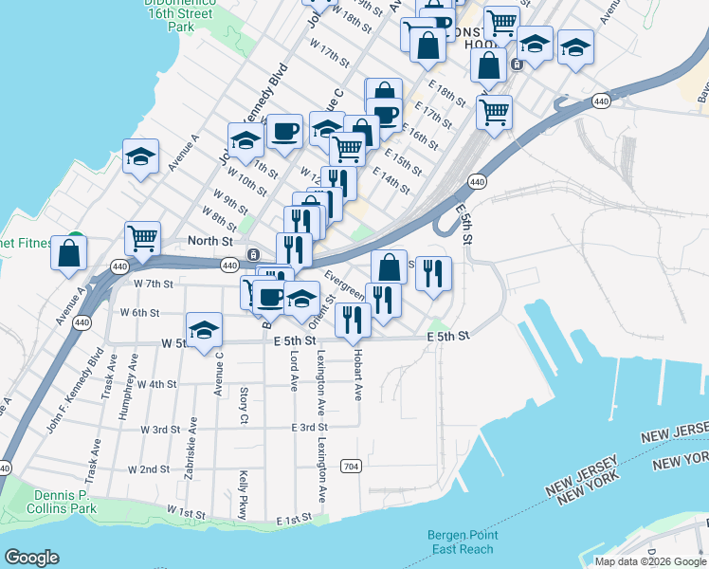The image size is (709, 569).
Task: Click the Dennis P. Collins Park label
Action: (64, 502)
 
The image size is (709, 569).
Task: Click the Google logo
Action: (31, 558)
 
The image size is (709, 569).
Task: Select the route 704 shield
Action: (351, 466)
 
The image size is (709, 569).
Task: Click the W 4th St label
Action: (157, 384)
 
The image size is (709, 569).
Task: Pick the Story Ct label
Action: (244, 405)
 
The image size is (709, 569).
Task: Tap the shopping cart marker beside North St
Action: (142, 239)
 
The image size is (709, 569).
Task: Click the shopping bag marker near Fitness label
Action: (69, 253)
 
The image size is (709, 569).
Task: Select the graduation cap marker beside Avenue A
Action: (140, 156)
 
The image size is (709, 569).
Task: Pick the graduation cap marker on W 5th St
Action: (204, 330)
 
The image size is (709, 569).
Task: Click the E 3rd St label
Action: (309, 428)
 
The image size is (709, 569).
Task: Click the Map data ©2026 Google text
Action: (650, 561)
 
